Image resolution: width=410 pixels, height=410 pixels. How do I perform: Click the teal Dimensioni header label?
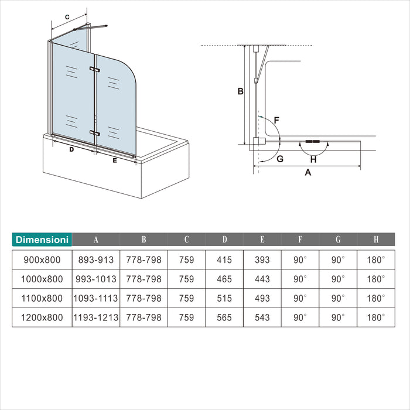click(x=42, y=240)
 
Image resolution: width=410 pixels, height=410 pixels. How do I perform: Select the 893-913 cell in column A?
click(x=96, y=260)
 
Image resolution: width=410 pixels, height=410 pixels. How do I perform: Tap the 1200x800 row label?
click(x=42, y=317)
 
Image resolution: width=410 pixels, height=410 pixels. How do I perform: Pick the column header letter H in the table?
click(x=376, y=239)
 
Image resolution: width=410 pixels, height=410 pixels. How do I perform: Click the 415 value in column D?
click(x=224, y=260)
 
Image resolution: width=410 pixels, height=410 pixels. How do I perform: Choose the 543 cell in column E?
click(x=262, y=317)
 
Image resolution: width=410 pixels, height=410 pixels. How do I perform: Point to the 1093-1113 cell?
click(x=95, y=298)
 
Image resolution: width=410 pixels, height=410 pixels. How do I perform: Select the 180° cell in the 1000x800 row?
click(x=376, y=279)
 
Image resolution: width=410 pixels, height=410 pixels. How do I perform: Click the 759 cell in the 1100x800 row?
click(x=186, y=298)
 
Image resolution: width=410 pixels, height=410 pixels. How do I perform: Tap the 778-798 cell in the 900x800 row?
click(x=144, y=260)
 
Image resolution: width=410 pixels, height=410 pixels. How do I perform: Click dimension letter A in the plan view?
click(x=308, y=172)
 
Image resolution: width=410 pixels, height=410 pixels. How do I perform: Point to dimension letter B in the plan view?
click(x=240, y=91)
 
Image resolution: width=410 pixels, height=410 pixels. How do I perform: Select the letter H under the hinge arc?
click(x=313, y=159)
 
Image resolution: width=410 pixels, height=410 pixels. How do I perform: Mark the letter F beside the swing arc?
click(x=276, y=120)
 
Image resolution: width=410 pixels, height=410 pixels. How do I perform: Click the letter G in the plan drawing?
click(x=280, y=159)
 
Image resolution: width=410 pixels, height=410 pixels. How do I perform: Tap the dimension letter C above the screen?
click(x=67, y=17)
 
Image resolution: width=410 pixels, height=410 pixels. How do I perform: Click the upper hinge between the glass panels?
click(x=94, y=69)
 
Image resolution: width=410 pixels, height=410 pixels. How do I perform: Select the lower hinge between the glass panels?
click(x=94, y=133)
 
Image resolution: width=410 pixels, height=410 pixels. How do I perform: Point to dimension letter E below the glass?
click(x=115, y=160)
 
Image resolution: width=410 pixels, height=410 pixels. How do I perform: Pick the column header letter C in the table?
click(x=186, y=239)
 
